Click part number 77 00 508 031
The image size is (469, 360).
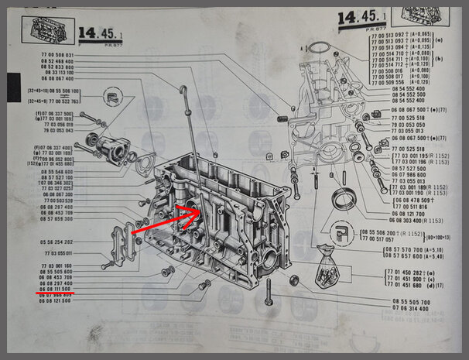click(58, 55)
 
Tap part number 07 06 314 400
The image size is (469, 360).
click(409, 308)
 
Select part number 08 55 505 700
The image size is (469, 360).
click(409, 301)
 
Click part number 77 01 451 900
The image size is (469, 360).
click(406, 279)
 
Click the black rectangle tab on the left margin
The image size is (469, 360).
click(14, 86)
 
